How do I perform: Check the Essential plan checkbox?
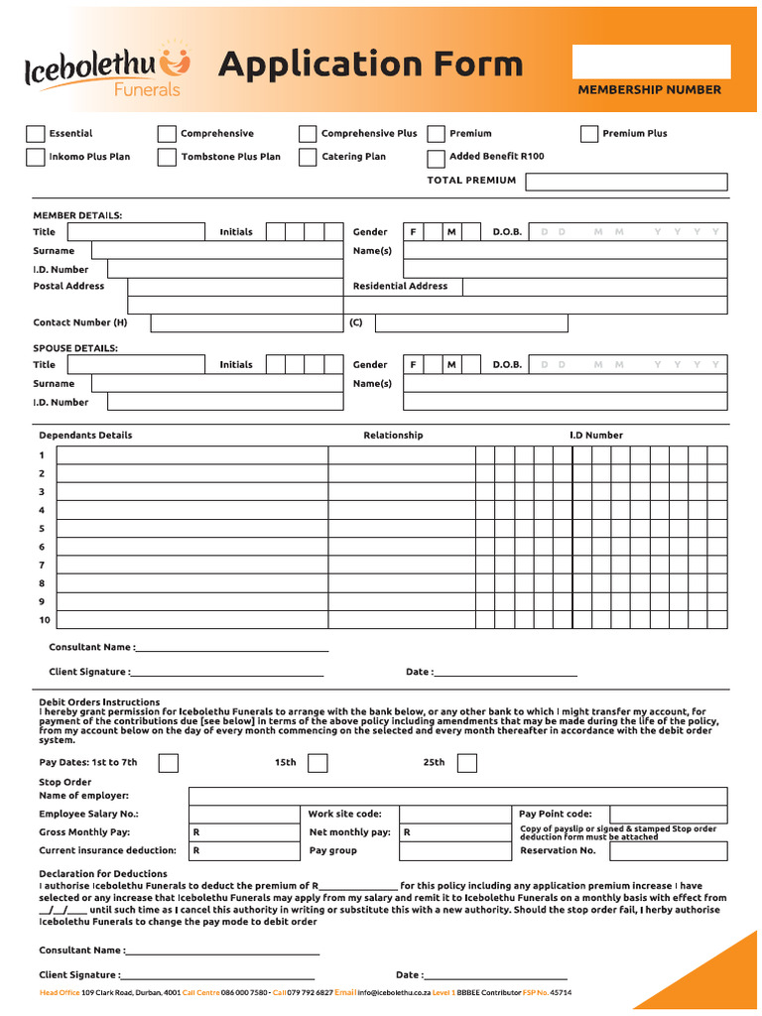pos(36,134)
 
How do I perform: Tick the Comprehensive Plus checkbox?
pos(308,134)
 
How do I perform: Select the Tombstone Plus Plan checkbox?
pos(167,157)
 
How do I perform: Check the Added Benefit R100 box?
pos(436,159)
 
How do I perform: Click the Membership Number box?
pos(651,62)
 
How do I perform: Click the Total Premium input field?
pos(625,182)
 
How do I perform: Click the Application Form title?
pos(369,64)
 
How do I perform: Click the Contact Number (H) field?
pos(246,322)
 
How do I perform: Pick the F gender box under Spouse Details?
pos(413,365)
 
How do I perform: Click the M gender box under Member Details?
pos(451,232)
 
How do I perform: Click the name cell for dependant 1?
pos(192,455)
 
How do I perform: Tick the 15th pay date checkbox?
pos(317,763)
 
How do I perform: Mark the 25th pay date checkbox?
pos(466,763)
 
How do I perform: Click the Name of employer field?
pos(456,796)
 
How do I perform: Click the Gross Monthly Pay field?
pos(243,832)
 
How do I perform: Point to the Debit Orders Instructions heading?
pos(99,702)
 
